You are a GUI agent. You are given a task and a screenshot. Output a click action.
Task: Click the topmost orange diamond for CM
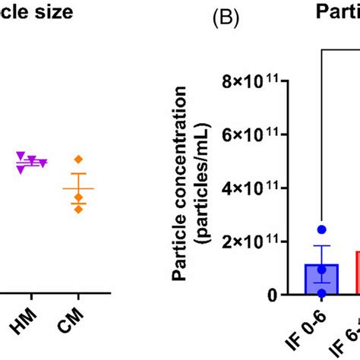pos(78,159)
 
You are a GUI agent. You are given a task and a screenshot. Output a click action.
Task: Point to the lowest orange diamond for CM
pos(78,208)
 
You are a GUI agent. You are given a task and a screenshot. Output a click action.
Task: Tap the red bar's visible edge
pos(358,273)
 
